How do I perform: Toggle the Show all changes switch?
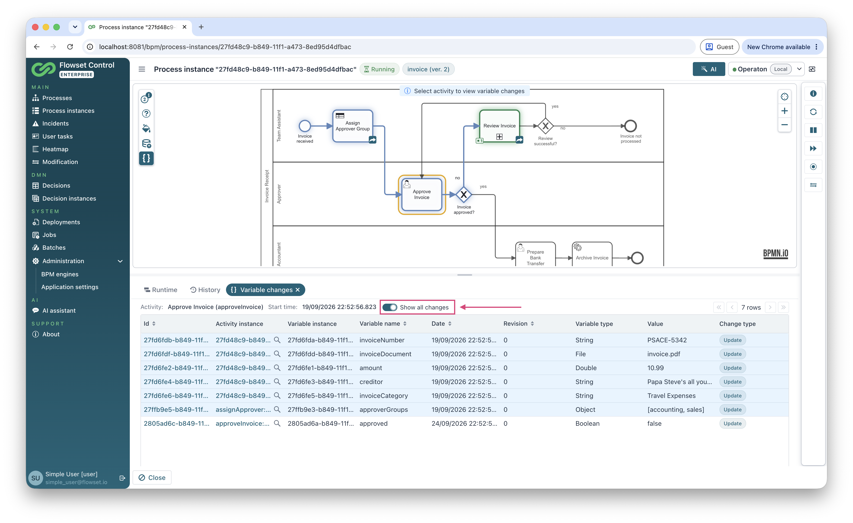coord(390,307)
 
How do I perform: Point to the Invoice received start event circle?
coord(305,126)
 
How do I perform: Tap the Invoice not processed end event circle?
coord(630,126)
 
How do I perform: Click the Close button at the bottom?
coord(152,477)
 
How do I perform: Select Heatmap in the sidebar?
coord(55,149)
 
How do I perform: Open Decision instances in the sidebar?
coord(69,198)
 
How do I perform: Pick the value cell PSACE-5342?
coord(667,340)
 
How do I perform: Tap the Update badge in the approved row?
coord(732,423)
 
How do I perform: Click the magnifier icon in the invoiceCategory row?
coord(277,395)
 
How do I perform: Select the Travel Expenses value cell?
coord(671,396)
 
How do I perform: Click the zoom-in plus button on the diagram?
coord(784,111)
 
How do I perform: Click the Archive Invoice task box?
coord(592,254)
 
